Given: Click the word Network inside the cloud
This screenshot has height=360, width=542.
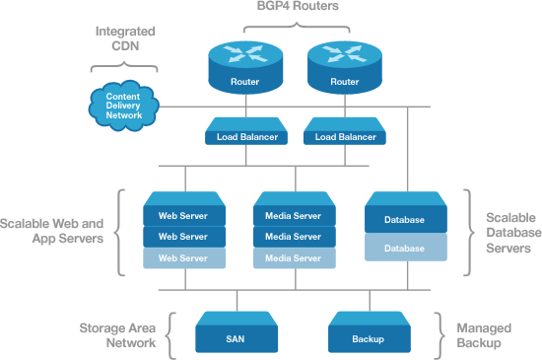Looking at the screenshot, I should [124, 116].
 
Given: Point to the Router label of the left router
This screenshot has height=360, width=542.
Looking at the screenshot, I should [245, 82].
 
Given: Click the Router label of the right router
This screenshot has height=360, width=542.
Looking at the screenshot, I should [344, 82].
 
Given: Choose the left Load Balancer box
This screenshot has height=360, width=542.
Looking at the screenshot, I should [246, 137].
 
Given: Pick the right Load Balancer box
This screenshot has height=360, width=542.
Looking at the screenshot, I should [344, 137].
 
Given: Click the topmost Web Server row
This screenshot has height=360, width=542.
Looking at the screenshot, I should [183, 215].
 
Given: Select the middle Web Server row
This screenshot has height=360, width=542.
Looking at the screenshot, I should [183, 237].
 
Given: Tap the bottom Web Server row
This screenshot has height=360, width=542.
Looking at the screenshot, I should [183, 258].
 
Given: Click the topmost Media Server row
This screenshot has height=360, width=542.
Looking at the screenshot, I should [294, 215].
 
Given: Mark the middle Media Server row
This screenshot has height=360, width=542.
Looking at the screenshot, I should [294, 237].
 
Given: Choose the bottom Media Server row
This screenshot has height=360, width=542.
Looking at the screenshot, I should [294, 258].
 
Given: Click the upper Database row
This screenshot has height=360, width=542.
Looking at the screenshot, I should [405, 220].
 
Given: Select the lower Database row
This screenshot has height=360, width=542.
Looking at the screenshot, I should [405, 249].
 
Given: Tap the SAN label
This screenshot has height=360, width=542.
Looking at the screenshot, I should [235, 339].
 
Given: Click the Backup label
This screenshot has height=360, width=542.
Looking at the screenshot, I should [368, 339].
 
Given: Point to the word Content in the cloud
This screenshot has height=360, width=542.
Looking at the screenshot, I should [124, 97].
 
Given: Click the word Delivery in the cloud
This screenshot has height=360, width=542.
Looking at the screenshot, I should [124, 107].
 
